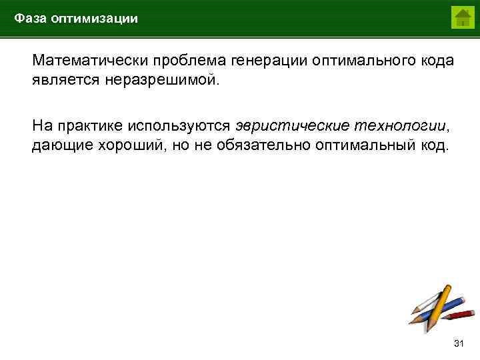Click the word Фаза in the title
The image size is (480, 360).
pos(30,19)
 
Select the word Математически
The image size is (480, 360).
pos(91,61)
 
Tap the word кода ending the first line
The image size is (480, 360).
pos(435,61)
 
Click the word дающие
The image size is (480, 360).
pos(60,145)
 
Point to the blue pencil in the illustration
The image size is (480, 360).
pos(427,297)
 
